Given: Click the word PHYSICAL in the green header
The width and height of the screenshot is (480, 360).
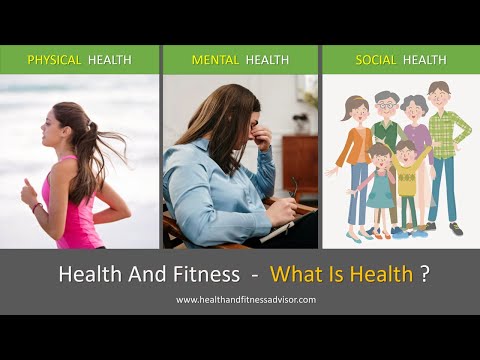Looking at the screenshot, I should (54, 60).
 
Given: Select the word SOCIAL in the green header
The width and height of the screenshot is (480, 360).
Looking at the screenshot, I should (376, 60).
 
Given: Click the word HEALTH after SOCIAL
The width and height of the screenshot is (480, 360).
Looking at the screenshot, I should (425, 60).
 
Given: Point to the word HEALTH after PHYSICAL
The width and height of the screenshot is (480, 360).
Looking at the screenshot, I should (109, 60).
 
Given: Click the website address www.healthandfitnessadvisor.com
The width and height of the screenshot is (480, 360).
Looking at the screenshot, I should (246, 300).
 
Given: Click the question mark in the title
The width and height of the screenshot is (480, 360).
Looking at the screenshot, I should (425, 274).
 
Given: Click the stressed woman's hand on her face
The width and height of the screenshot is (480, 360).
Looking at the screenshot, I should (262, 138).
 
